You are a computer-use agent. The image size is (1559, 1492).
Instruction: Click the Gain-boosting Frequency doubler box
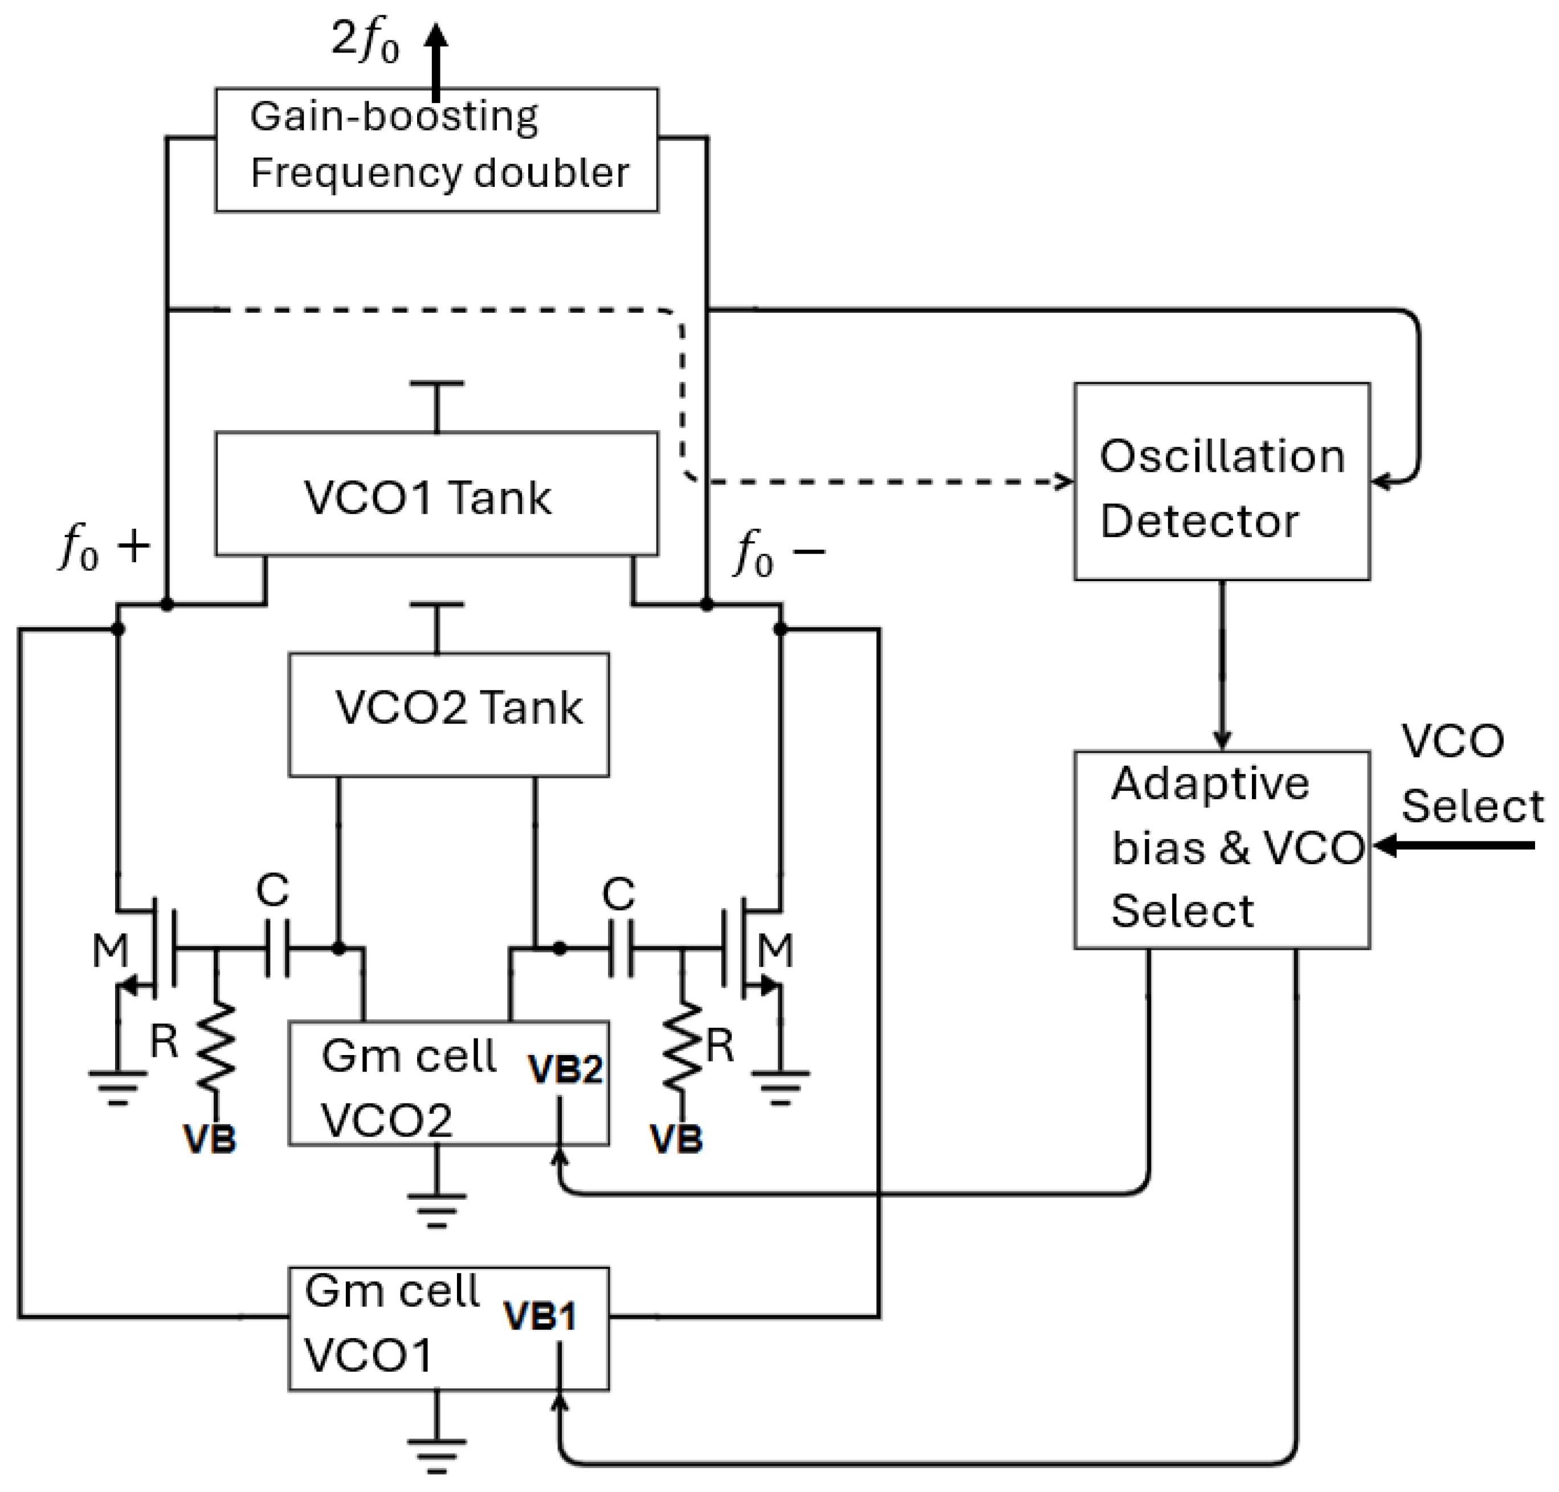coord(436,149)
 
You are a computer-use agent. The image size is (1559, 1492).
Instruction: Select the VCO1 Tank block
coord(436,494)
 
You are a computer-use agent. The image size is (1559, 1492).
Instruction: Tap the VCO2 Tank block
coord(448,714)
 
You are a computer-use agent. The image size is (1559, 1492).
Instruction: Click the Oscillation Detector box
coord(1221,482)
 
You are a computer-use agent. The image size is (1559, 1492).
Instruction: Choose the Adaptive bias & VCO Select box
coord(1221,849)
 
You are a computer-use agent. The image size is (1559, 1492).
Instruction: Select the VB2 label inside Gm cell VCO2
coord(565,1070)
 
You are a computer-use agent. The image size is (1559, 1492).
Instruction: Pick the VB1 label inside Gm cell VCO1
coord(541,1316)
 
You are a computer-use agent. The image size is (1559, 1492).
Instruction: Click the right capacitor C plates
coord(621,948)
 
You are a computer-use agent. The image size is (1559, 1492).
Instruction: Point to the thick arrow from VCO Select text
coord(1456,845)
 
